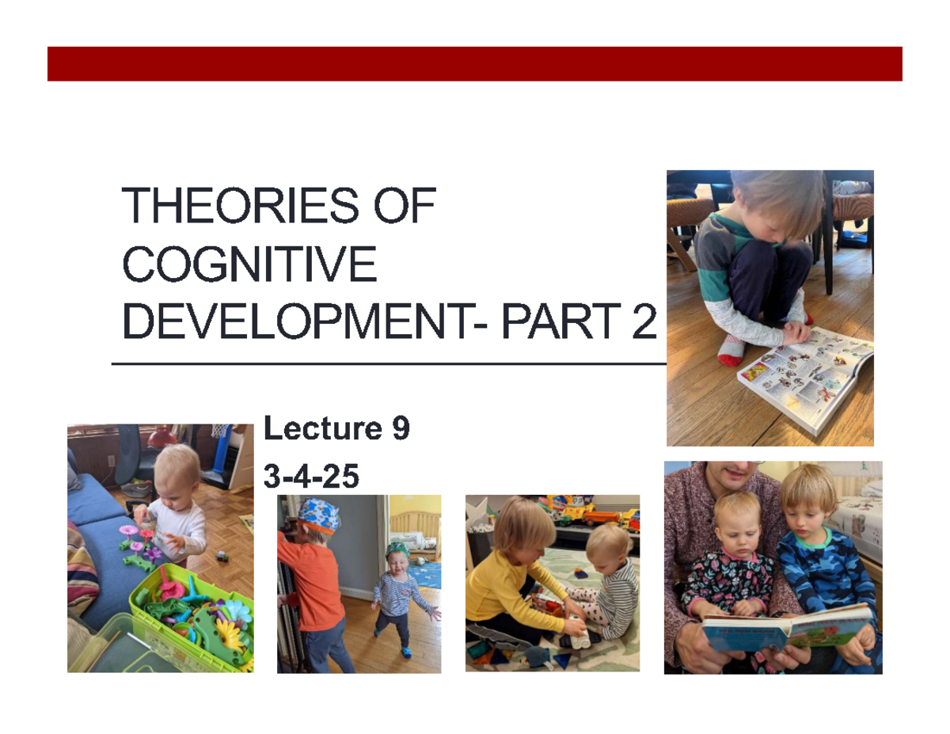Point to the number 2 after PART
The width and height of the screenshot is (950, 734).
click(x=643, y=322)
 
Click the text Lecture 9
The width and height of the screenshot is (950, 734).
click(x=336, y=430)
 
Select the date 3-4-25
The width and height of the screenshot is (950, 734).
click(x=310, y=477)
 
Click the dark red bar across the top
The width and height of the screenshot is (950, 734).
click(x=475, y=63)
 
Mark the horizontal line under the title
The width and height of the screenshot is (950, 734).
click(x=388, y=364)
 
